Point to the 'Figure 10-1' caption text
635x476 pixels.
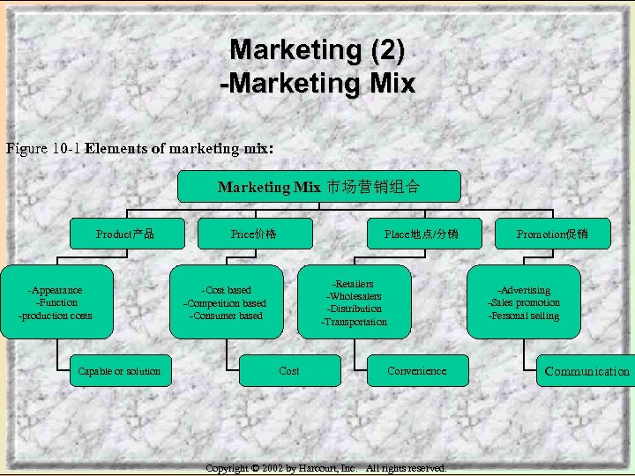pos(44,148)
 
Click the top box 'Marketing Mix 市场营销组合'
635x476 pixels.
pos(318,187)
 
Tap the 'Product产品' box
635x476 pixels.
pos(125,234)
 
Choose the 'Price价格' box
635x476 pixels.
pos(254,234)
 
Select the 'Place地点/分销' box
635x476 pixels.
pos(421,234)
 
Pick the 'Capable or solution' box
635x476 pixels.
pos(119,371)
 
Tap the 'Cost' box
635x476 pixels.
pos(289,371)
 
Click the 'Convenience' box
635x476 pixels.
pos(416,371)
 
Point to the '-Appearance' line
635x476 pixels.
pos(56,290)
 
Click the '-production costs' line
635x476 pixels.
pos(56,316)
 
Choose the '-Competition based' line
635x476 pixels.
pos(226,303)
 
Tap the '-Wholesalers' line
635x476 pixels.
pos(354,296)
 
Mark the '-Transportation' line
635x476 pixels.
pos(354,322)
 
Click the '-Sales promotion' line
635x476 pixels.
pos(524,302)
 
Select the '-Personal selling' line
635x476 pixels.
pos(524,316)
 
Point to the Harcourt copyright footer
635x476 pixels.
pos(325,468)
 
